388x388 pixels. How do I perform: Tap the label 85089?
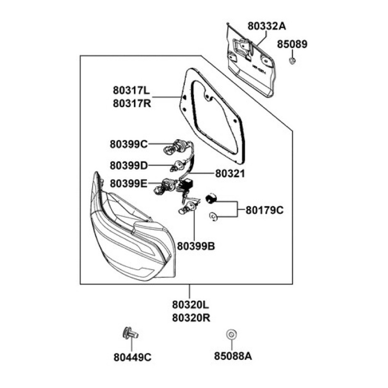click(292, 44)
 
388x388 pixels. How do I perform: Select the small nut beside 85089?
click(293, 61)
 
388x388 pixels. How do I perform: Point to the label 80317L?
click(132, 91)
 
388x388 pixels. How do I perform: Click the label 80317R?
click(132, 103)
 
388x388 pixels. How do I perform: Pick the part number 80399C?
click(129, 144)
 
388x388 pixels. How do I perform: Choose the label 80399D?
click(129, 165)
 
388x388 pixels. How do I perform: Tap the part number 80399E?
click(129, 183)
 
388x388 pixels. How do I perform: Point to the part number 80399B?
click(196, 246)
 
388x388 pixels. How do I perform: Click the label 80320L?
click(190, 306)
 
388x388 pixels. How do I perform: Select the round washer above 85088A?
click(231, 334)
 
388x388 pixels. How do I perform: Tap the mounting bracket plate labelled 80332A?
click(252, 63)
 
